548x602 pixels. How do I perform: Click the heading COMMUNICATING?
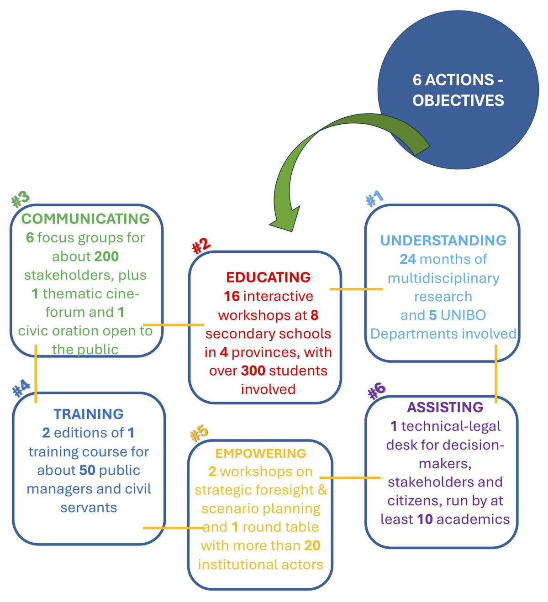85,219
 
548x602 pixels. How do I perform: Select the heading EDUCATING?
268,277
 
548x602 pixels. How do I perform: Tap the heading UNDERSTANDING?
443,240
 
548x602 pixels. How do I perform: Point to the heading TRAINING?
89,414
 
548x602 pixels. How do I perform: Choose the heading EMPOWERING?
260,453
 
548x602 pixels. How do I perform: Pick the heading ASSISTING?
445,407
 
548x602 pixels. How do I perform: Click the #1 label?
374,199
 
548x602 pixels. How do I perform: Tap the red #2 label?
201,246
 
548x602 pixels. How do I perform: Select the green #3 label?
21,199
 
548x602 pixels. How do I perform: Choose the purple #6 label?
376,391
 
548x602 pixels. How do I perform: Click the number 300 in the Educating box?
253,371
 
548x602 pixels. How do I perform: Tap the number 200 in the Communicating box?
106,256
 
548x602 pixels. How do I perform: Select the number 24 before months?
407,259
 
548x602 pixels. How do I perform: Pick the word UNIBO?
464,315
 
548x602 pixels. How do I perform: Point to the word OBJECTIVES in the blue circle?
458,100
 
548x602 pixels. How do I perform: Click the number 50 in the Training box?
87,470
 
